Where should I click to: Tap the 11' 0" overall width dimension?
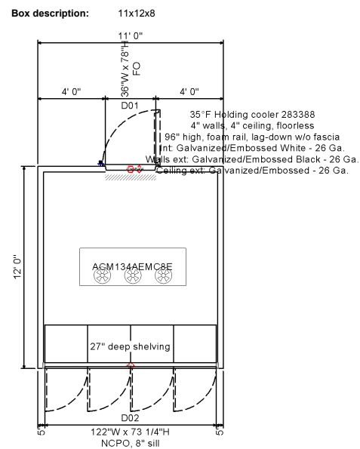(131, 35)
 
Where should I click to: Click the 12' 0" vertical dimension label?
(16, 268)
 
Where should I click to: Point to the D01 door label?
(131, 105)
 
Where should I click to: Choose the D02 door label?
(131, 417)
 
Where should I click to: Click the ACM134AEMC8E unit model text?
(132, 266)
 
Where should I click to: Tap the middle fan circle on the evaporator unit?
(133, 277)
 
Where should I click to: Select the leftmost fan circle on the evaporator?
(102, 277)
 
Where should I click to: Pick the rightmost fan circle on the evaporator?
(164, 277)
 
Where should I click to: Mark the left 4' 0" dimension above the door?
(72, 91)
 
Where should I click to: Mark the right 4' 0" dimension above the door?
(189, 91)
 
